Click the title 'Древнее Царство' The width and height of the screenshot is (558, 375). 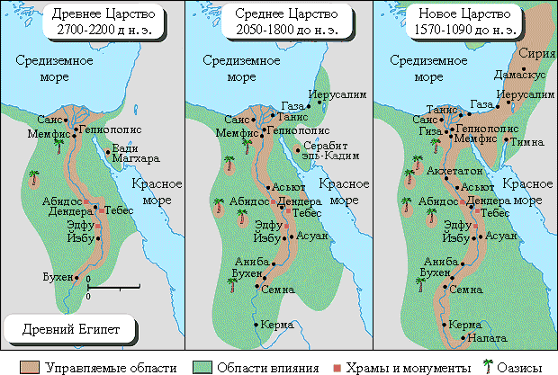pyautogui.click(x=93, y=15)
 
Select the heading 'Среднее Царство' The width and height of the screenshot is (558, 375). pyautogui.click(x=279, y=15)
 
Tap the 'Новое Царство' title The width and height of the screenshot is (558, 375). pyautogui.click(x=465, y=15)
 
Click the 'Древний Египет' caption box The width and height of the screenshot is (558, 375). pyautogui.click(x=69, y=326)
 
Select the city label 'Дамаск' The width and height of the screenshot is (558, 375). pyautogui.click(x=513, y=68)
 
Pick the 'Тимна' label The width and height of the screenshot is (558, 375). pyautogui.click(x=527, y=142)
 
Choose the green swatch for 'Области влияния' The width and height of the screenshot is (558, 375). pyautogui.click(x=200, y=366)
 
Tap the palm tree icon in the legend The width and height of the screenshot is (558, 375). pyautogui.click(x=489, y=365)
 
